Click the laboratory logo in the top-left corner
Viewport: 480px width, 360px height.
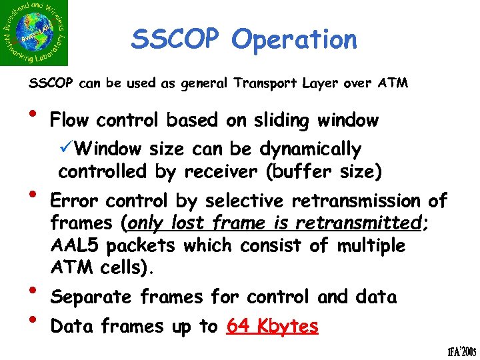(34, 33)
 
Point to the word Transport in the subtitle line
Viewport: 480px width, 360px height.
(263, 84)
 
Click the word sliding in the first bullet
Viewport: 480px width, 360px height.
(279, 121)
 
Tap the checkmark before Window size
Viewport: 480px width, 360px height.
(65, 149)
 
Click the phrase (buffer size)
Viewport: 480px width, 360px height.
(323, 171)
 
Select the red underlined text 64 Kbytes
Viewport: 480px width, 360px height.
(272, 326)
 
